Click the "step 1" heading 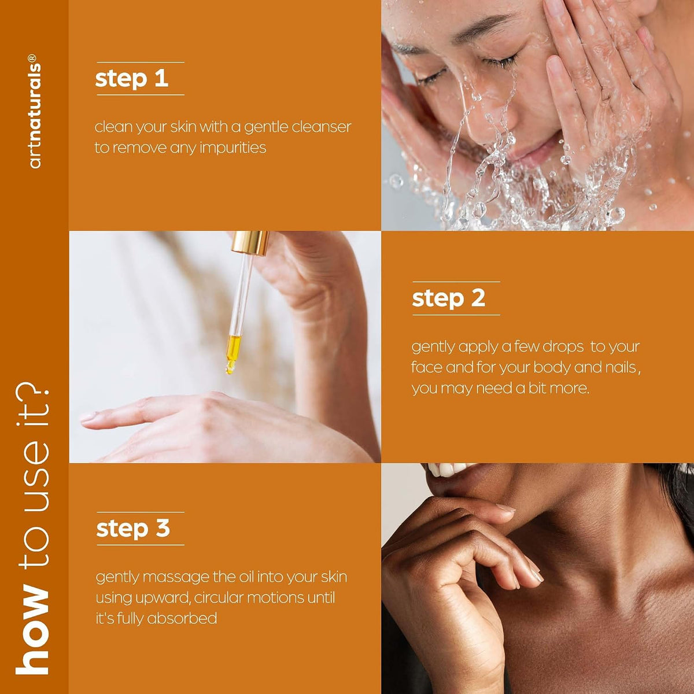point(131,79)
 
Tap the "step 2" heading point(448,298)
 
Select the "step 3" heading point(132,529)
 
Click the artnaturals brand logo point(35,111)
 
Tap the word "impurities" point(232,147)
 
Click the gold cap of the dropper point(250,242)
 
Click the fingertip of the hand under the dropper point(86,418)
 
